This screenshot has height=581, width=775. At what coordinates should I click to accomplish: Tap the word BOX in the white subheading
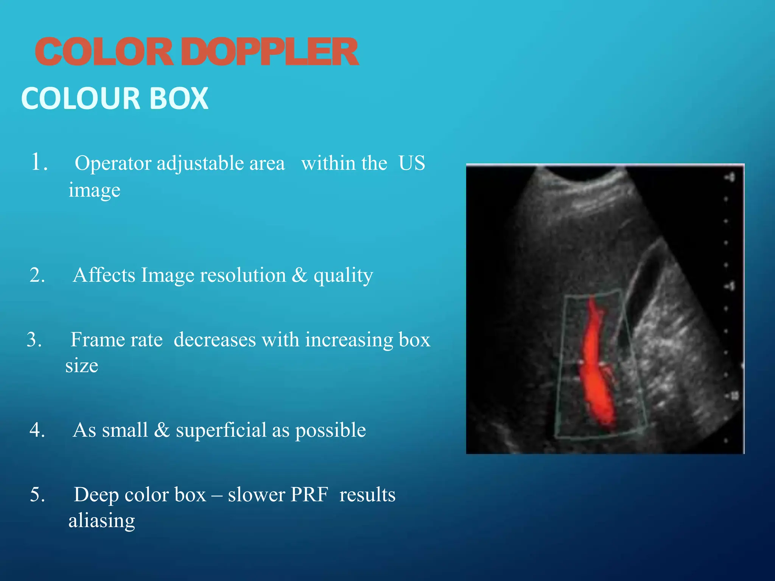(x=179, y=98)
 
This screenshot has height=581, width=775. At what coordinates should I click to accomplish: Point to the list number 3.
(x=34, y=339)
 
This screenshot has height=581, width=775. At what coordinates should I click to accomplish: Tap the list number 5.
(x=37, y=494)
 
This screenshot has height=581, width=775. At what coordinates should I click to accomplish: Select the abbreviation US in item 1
(x=412, y=163)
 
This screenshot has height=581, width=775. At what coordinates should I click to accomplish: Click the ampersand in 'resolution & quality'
(x=299, y=275)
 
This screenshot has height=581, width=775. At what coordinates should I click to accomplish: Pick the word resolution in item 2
(x=243, y=275)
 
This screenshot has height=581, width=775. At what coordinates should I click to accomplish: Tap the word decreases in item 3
(x=215, y=339)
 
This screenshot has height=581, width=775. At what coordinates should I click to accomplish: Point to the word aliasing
(x=101, y=520)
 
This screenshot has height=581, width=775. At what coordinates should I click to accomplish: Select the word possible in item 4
(x=330, y=430)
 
